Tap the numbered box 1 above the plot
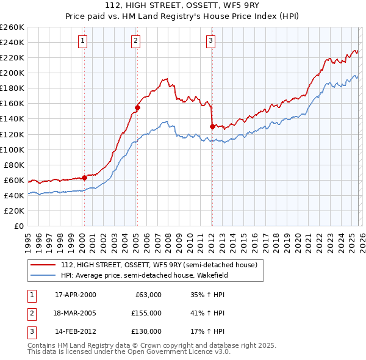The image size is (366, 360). (x=82, y=41)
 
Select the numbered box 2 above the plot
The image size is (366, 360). (x=135, y=41)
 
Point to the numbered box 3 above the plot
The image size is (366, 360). (x=210, y=41)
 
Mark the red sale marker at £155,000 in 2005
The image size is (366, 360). (x=137, y=107)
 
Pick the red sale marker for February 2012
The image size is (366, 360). (x=212, y=126)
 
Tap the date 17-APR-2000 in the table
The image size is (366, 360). (x=75, y=295)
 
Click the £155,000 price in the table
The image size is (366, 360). (x=146, y=313)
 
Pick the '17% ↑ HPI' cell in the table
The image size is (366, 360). (x=207, y=331)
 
